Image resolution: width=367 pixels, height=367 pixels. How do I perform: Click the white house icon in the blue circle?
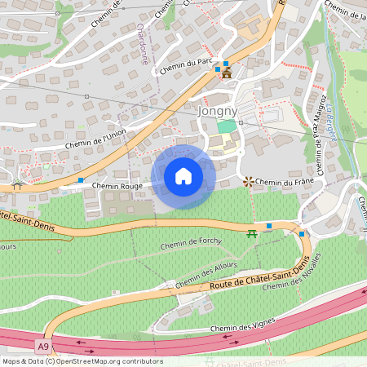pos(183,176)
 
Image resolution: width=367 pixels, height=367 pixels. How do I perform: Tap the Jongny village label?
pos(216,109)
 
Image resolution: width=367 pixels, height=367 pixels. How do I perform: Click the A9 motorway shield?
pos(42,346)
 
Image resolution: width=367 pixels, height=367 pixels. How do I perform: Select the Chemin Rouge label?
pos(117,186)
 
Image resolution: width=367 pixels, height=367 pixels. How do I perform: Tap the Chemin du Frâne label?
pos(285,181)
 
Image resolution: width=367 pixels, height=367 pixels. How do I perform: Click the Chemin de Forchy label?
pos(192,242)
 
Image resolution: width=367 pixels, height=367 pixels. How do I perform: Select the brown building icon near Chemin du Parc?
pos(226,73)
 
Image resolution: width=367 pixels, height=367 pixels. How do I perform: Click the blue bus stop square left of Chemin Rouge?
pos(81,179)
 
